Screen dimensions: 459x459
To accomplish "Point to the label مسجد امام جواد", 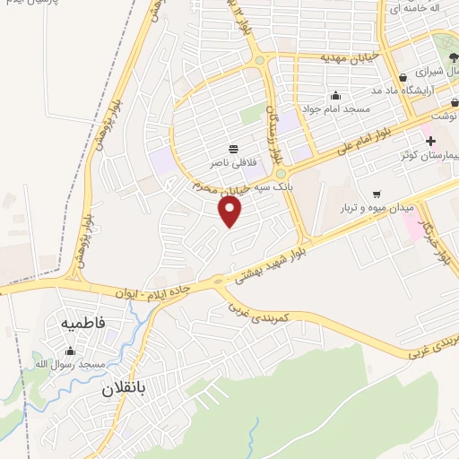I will pyautogui.click(x=334, y=108).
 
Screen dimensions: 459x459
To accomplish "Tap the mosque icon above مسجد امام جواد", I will pyautogui.click(x=335, y=95).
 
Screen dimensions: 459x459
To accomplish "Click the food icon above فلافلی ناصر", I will pyautogui.click(x=234, y=148).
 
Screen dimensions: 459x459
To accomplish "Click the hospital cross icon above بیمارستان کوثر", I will pyautogui.click(x=431, y=141).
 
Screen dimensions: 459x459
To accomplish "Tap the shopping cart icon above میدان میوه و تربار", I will pyautogui.click(x=377, y=193).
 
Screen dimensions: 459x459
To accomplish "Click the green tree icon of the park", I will pyautogui.click(x=446, y=41).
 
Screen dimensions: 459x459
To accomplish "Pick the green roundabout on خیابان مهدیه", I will pyautogui.click(x=259, y=61).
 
